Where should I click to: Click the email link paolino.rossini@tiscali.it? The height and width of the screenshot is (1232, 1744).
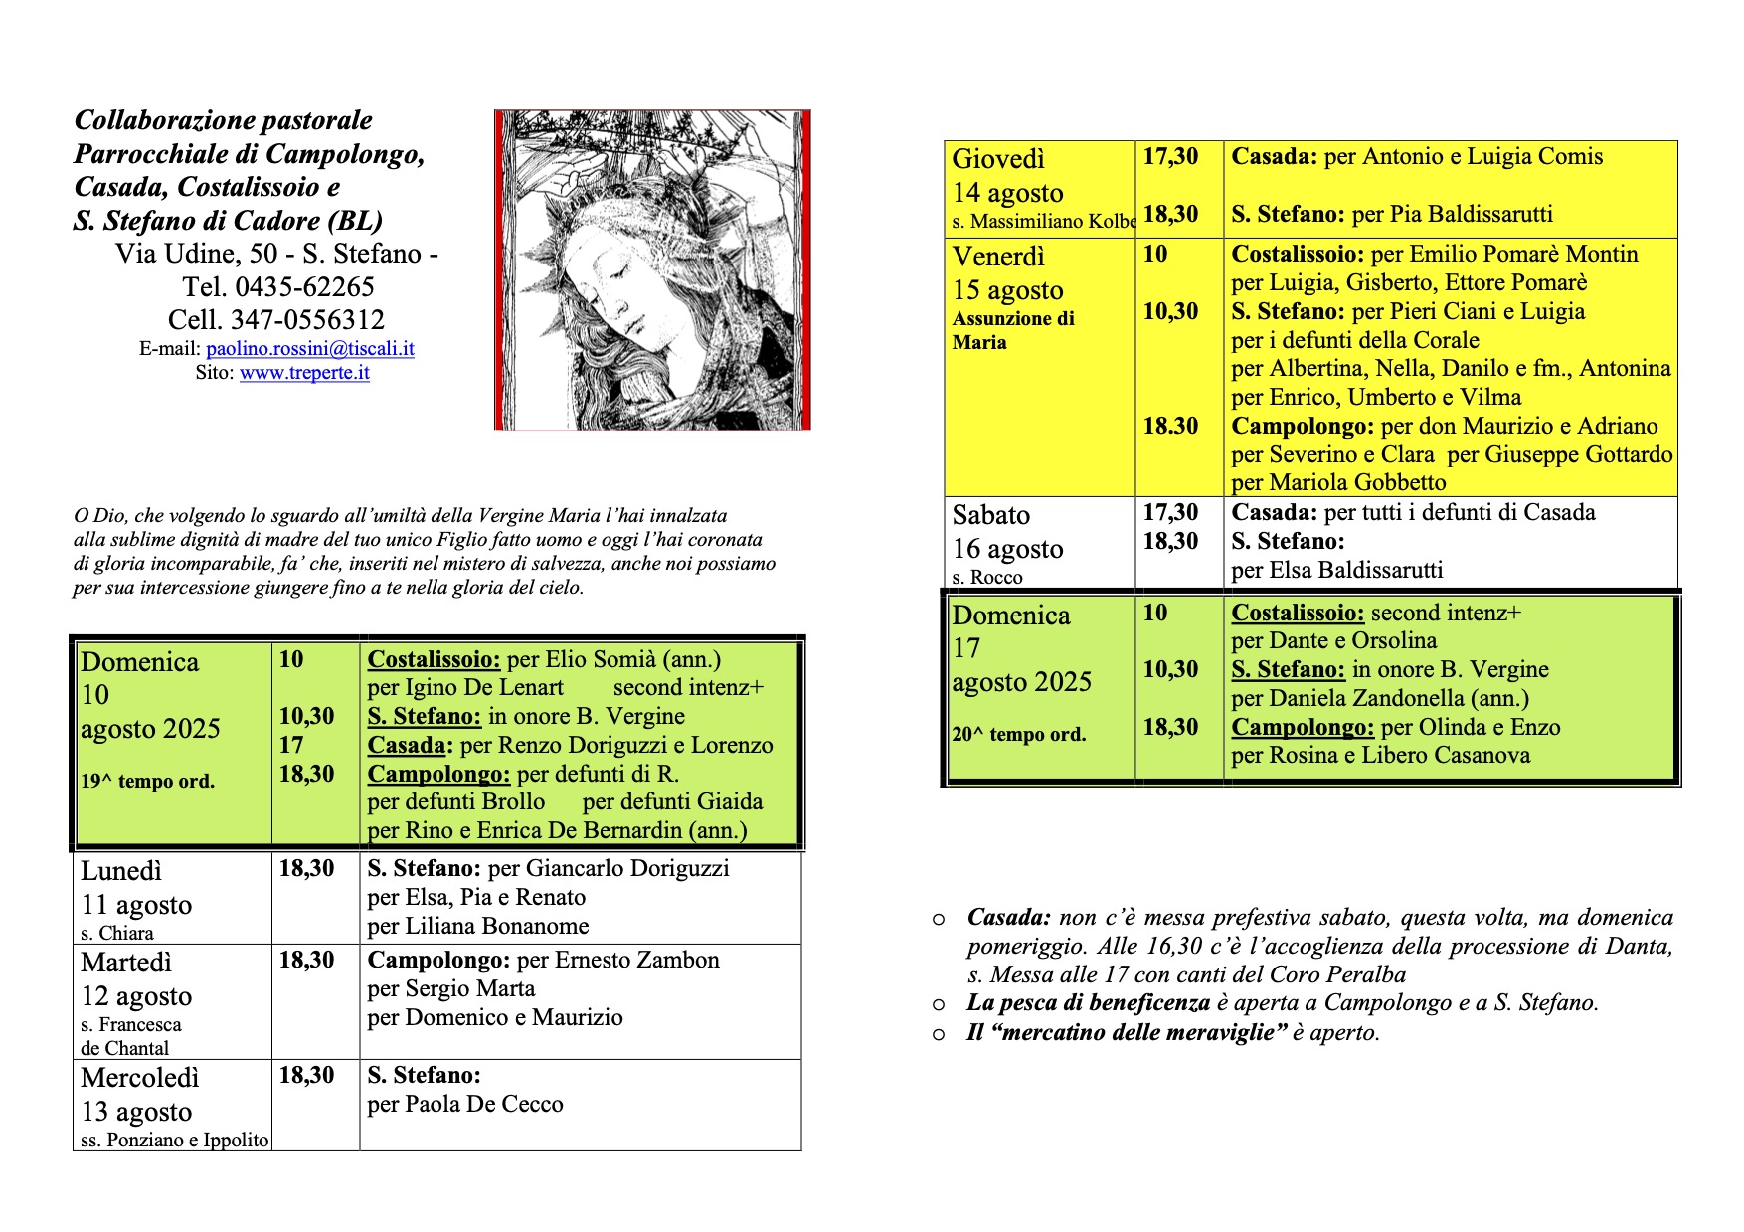[x=310, y=349]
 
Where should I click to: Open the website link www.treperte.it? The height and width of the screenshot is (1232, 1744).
[x=304, y=373]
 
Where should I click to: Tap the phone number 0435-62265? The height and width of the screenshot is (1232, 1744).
[x=304, y=287]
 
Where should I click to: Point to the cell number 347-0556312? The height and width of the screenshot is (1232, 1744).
[x=307, y=320]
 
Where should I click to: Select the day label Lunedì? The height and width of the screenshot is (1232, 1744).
[x=120, y=871]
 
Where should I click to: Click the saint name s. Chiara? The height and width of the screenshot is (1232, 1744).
[x=117, y=933]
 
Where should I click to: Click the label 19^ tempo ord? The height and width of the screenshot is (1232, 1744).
[x=147, y=782]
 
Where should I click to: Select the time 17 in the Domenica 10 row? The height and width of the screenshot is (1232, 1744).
[x=291, y=745]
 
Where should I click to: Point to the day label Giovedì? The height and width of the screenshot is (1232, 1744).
[x=998, y=159]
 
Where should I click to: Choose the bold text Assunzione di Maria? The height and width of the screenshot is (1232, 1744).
[x=1012, y=330]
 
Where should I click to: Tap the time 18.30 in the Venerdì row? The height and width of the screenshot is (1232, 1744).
[x=1170, y=426]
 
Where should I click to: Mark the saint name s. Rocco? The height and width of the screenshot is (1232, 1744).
[x=987, y=577]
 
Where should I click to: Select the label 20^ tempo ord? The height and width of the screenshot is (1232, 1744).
[x=1018, y=735]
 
